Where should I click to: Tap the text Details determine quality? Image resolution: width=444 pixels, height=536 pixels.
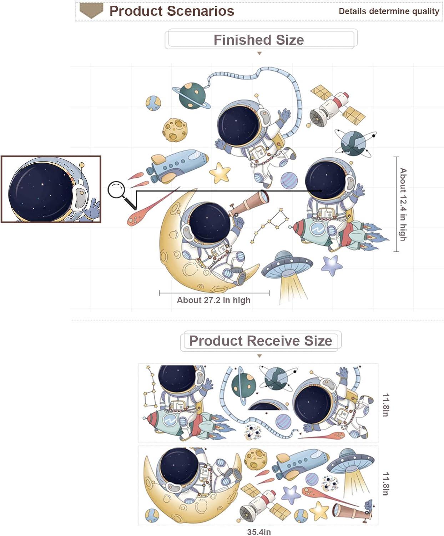[389, 11]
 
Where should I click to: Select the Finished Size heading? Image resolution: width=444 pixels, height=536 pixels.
[259, 40]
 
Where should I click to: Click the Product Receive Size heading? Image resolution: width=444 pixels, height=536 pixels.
[261, 341]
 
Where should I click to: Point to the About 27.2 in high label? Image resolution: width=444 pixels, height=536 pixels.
[213, 300]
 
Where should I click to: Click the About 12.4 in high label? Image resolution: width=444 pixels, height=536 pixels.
[403, 204]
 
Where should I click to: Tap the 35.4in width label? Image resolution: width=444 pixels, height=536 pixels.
[259, 532]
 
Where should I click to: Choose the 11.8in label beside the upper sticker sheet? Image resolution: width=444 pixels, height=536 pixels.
[386, 405]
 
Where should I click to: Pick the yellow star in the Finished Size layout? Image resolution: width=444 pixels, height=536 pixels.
[220, 172]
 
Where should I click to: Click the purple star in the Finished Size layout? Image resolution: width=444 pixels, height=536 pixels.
[332, 265]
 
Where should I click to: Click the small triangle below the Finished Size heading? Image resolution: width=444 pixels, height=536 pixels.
[259, 53]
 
